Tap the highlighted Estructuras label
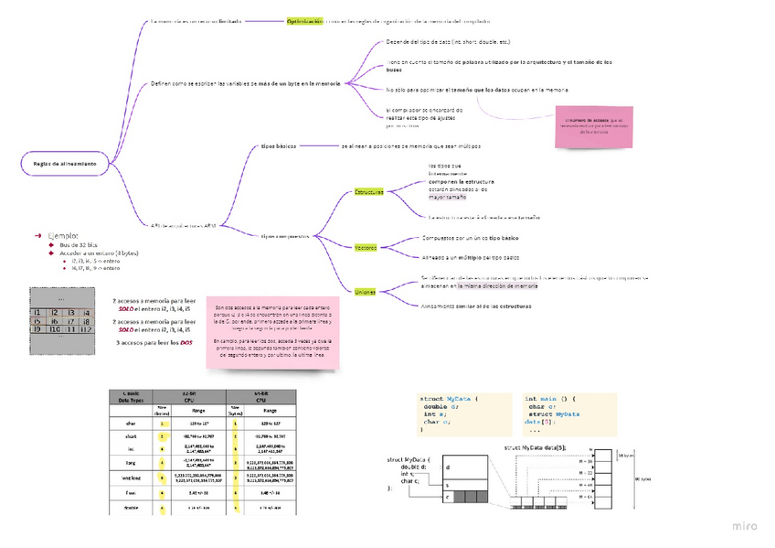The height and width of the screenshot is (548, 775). [369, 192]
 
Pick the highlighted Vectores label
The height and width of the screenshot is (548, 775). [366, 247]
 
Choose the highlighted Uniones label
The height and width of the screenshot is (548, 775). [365, 291]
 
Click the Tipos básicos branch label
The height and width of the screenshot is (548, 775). [279, 146]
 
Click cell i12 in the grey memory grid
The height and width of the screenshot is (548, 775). [85, 329]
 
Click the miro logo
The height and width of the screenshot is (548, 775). [745, 526]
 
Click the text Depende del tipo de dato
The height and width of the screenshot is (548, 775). [447, 42]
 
